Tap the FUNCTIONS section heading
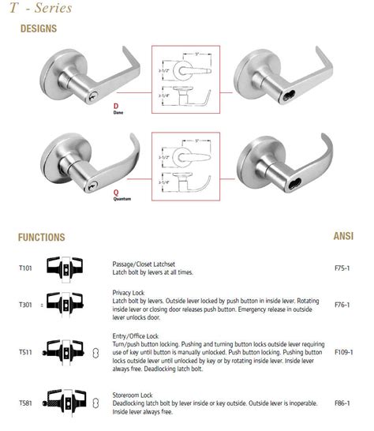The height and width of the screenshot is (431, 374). pyautogui.click(x=42, y=237)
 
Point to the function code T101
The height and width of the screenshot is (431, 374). pyautogui.click(x=26, y=268)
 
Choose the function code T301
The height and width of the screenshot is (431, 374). pyautogui.click(x=26, y=304)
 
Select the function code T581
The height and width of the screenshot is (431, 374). pyautogui.click(x=26, y=403)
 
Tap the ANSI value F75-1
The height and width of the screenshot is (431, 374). pyautogui.click(x=343, y=268)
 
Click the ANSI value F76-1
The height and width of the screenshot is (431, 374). pyautogui.click(x=343, y=304)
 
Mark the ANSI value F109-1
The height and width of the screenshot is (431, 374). pyautogui.click(x=344, y=350)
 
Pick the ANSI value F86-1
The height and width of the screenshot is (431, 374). pyautogui.click(x=343, y=403)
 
